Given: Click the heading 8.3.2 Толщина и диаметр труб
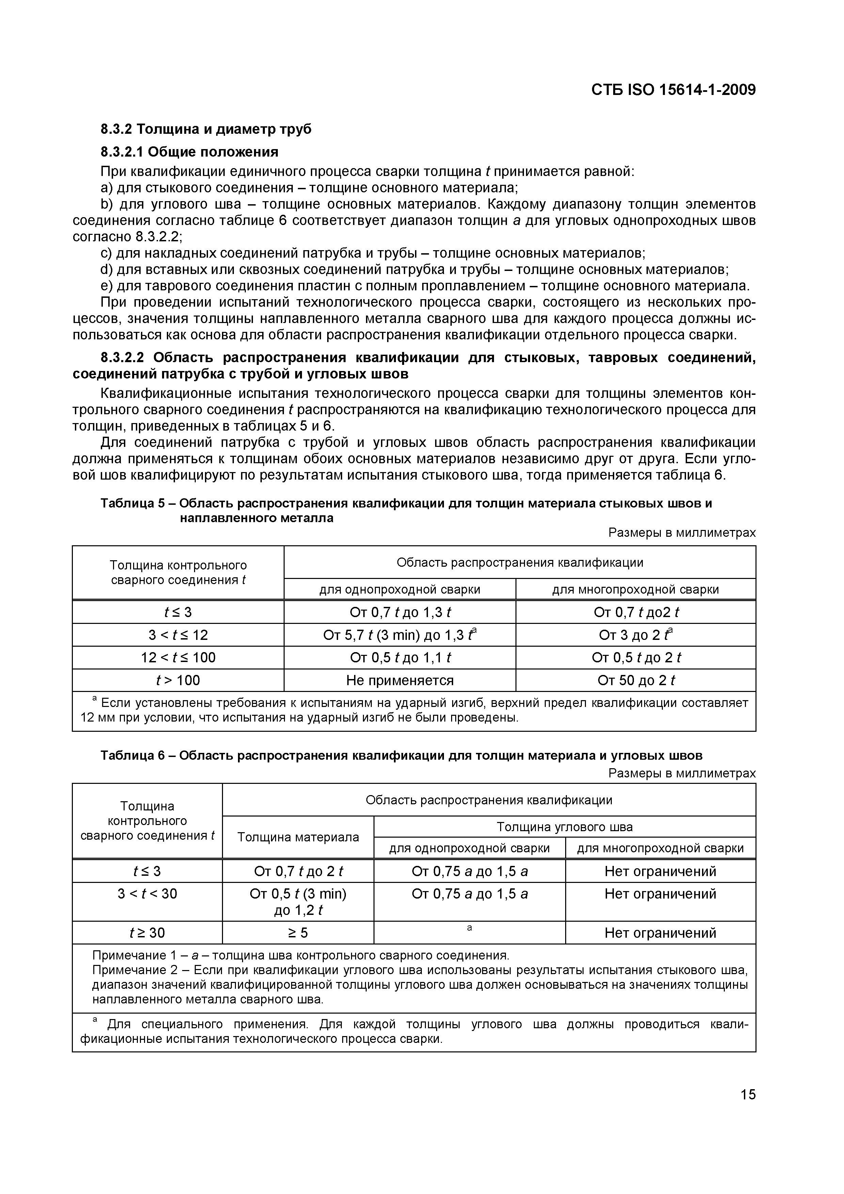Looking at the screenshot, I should coord(206,129).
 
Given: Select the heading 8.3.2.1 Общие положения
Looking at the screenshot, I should coord(189,152).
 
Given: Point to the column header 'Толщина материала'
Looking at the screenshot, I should coord(298,837).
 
